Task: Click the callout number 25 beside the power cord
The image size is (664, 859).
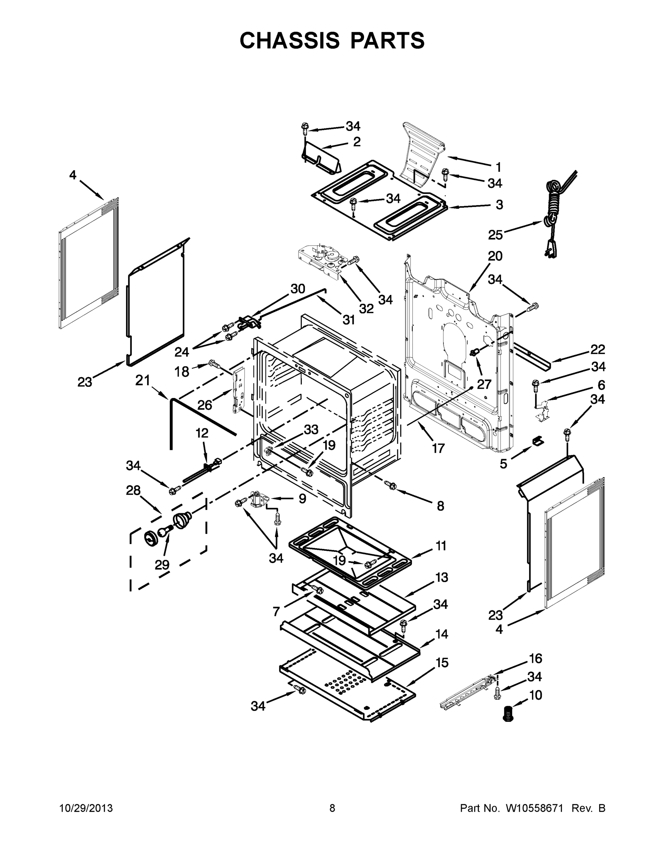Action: (x=495, y=235)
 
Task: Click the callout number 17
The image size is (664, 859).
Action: (x=438, y=448)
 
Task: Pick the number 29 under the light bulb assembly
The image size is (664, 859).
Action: (x=162, y=565)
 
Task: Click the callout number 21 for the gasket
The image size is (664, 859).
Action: (x=143, y=380)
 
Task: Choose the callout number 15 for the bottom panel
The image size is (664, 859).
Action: (x=442, y=663)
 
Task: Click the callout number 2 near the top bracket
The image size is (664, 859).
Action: (x=357, y=142)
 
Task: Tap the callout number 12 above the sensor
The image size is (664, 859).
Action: (x=202, y=433)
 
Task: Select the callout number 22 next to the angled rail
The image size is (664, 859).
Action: (x=597, y=349)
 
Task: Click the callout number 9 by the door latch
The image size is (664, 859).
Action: (x=302, y=499)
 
